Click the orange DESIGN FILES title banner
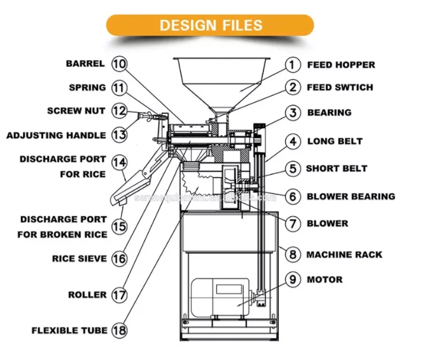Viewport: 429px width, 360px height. point(210,25)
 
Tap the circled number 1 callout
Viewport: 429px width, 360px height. point(292,64)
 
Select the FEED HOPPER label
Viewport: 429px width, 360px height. point(341,64)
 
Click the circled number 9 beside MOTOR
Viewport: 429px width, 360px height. point(292,279)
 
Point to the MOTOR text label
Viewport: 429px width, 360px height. point(325,279)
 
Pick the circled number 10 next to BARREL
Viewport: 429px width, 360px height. point(119,64)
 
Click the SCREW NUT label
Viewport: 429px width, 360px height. point(76,110)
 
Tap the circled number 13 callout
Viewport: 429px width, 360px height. point(119,135)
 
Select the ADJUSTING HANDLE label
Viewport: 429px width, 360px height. point(56,135)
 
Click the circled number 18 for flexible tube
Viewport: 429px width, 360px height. point(119,330)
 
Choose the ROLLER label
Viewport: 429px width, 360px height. point(87,294)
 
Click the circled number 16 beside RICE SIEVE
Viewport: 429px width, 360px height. point(119,259)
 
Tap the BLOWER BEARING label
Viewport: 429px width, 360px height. point(351,196)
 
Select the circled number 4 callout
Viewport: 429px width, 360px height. point(292,141)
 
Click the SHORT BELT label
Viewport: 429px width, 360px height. point(337,169)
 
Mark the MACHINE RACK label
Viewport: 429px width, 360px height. point(344,254)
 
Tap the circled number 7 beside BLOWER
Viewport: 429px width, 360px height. point(292,224)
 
